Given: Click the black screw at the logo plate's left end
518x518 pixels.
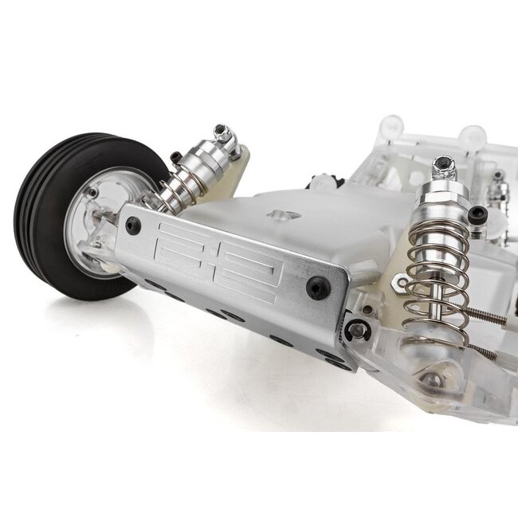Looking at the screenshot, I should (x=132, y=226).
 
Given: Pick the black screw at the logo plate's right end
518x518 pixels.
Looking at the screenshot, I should (x=318, y=287).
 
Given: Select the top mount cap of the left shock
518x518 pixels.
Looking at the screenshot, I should (x=224, y=136).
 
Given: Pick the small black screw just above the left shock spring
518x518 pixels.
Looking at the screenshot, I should (x=175, y=158).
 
